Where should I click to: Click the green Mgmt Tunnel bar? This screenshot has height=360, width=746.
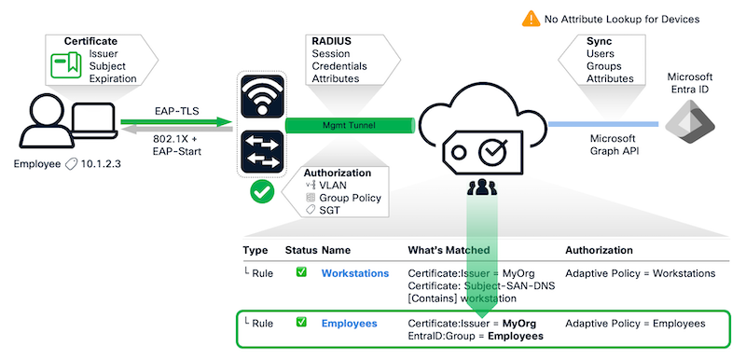pos(349,123)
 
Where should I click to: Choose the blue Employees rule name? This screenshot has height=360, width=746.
pos(349,323)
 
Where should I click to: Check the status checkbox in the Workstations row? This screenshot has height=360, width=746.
pos(301,273)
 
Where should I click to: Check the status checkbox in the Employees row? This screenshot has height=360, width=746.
pos(301,323)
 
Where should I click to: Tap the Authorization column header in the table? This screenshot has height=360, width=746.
pos(599,251)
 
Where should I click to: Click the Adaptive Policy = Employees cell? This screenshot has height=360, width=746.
pos(635,323)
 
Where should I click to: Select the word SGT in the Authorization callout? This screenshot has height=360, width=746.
pos(330,210)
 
